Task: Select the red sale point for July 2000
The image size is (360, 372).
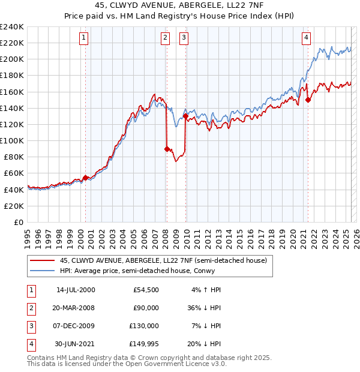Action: click(85, 178)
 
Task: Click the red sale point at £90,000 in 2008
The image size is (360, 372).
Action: click(167, 149)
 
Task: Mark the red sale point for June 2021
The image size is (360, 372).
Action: click(308, 100)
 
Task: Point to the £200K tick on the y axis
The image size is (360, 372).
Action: click(11, 59)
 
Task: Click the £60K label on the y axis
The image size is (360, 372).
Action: click(13, 173)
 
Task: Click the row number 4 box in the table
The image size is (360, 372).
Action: click(30, 344)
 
